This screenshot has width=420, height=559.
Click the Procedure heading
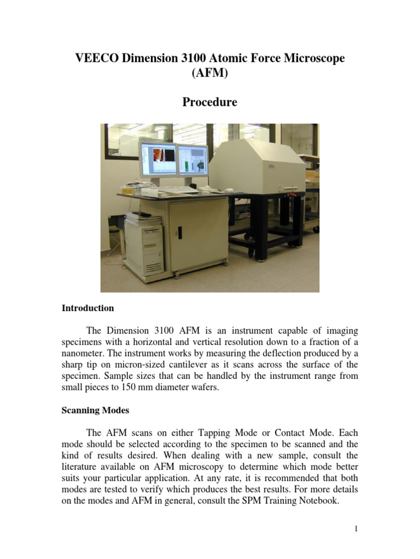coord(209,102)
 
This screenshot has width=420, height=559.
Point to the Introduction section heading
coord(87,308)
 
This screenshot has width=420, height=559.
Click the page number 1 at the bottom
coord(356,528)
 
